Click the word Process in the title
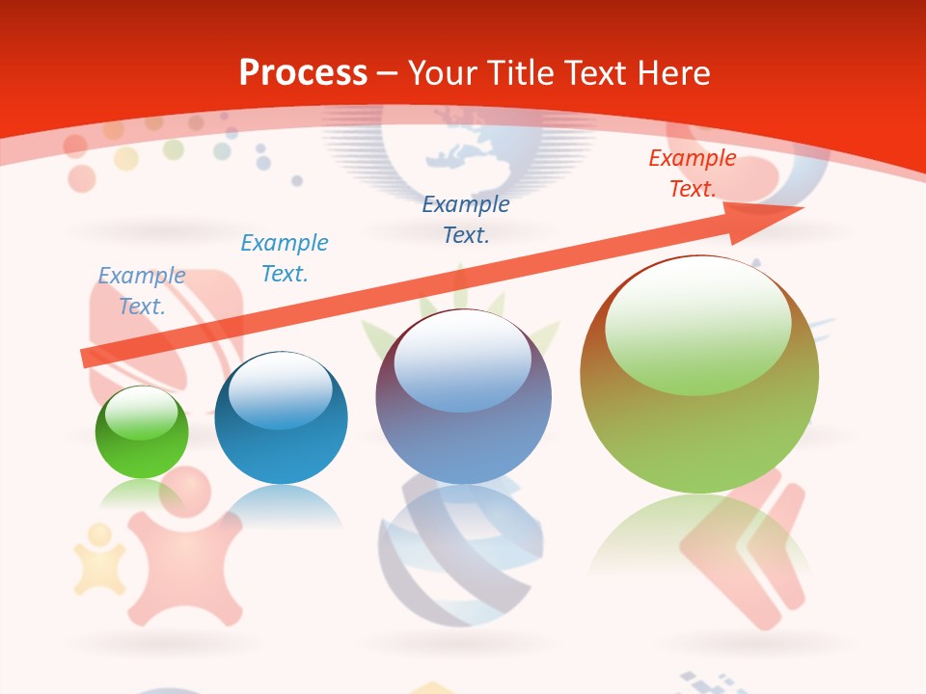click(303, 72)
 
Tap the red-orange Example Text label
click(693, 173)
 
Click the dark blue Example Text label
click(466, 219)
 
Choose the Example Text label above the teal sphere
click(285, 257)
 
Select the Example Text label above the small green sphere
click(142, 290)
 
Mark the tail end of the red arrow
click(89, 358)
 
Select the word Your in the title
click(444, 72)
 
